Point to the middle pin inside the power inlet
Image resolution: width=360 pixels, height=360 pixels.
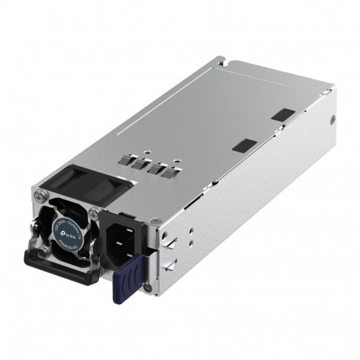click(123, 236)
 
